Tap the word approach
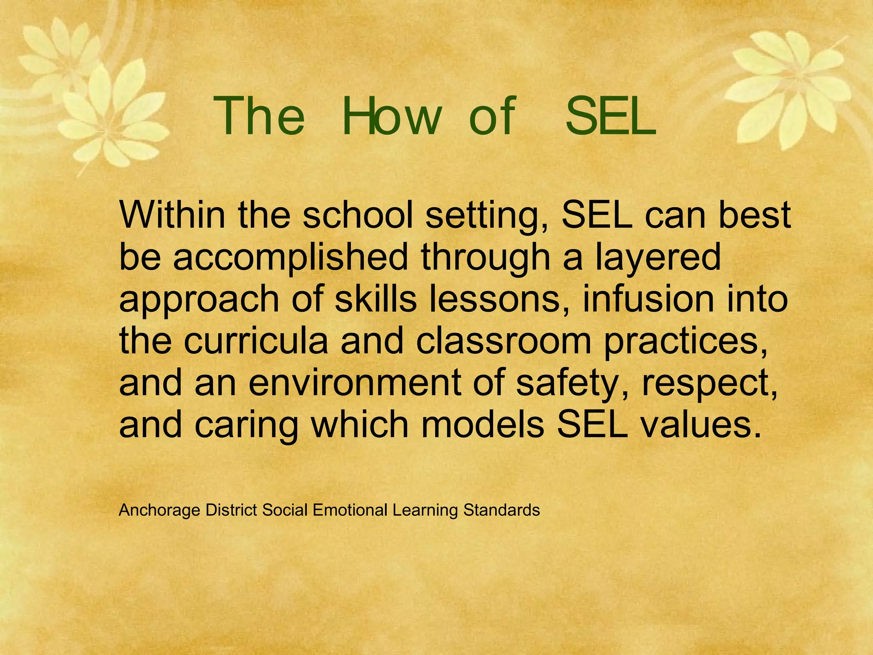pos(199,299)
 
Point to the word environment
pos(355,383)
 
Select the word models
pos(483,424)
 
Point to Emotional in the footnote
pos(350,510)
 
